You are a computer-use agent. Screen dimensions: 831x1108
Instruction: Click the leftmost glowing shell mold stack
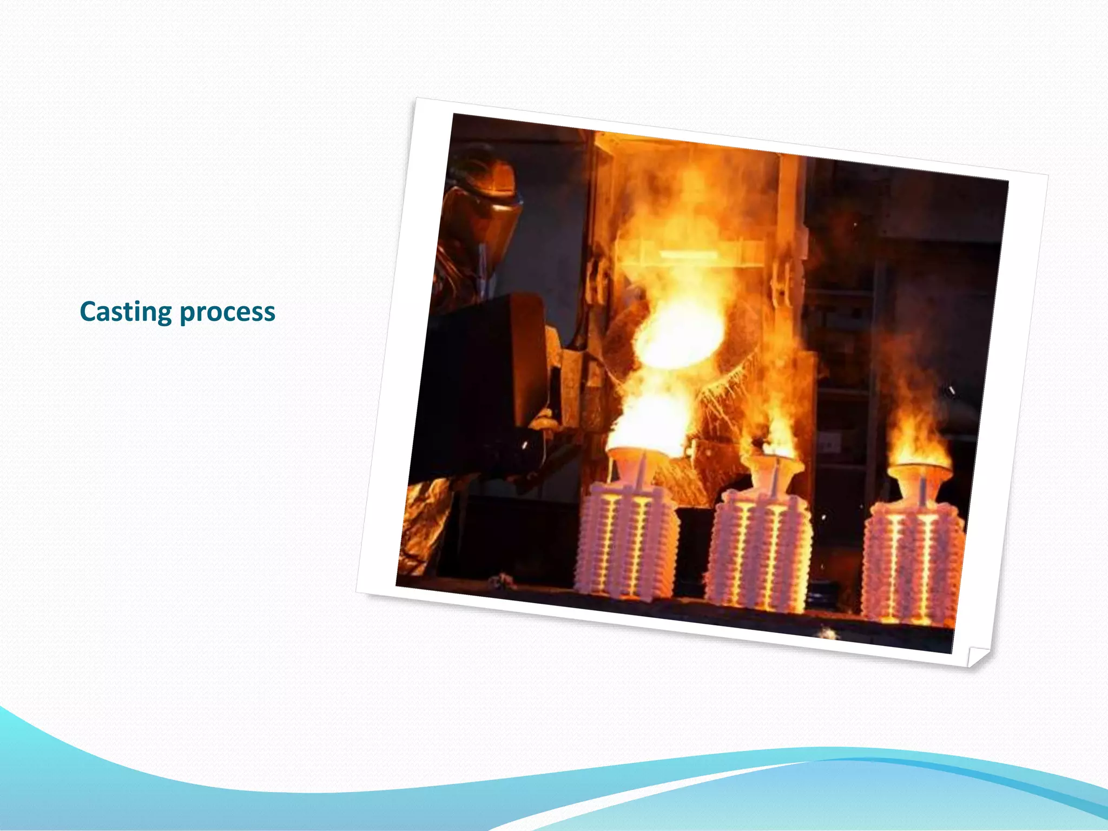(626, 541)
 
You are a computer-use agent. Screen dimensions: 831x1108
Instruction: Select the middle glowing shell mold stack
(759, 552)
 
